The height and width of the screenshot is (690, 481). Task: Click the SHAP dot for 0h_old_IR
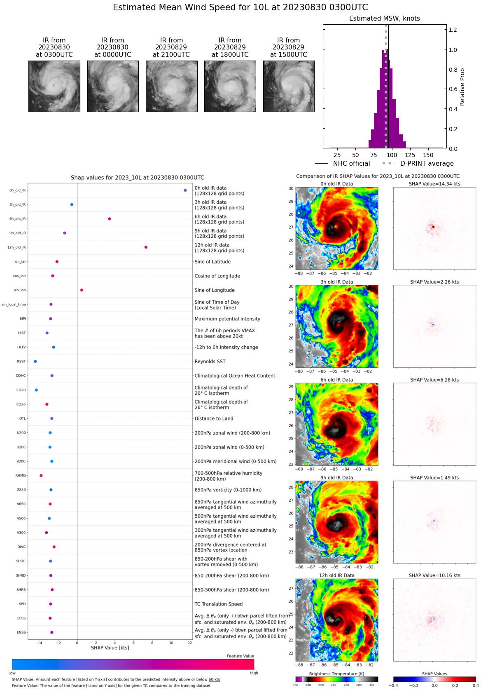click(185, 190)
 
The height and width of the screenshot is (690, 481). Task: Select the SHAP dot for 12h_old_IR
click(146, 247)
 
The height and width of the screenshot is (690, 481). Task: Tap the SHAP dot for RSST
click(35, 361)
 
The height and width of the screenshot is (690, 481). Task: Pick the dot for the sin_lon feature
click(82, 290)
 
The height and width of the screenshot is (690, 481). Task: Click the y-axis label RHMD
click(21, 476)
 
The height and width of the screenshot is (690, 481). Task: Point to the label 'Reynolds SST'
click(210, 361)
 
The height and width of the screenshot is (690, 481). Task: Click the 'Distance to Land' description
click(214, 419)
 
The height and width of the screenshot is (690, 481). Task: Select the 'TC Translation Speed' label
click(218, 604)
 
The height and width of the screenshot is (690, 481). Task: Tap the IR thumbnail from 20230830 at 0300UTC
click(54, 86)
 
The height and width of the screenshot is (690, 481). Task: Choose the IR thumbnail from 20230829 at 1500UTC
click(289, 86)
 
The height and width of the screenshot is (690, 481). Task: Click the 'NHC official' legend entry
click(351, 164)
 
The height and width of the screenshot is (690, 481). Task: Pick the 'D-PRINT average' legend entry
click(427, 164)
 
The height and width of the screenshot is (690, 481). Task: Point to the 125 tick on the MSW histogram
click(410, 155)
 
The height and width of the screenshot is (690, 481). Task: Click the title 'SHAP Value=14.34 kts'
click(434, 184)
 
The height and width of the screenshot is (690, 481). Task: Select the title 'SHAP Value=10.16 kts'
click(434, 575)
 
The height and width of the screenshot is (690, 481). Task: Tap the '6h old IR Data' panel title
click(336, 380)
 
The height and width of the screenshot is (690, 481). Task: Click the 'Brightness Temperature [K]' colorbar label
click(336, 674)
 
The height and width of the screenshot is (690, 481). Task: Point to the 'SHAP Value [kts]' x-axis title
click(110, 648)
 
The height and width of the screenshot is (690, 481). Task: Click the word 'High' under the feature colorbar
click(254, 673)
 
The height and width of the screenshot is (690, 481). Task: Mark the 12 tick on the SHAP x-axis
click(190, 643)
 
